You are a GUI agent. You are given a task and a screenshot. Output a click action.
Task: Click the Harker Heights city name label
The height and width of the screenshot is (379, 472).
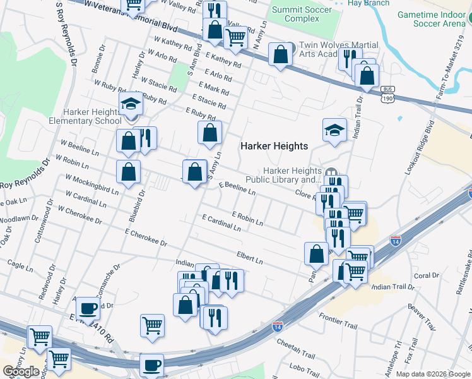(274, 146)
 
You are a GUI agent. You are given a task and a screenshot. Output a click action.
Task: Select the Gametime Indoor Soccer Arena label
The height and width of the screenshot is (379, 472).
(435, 18)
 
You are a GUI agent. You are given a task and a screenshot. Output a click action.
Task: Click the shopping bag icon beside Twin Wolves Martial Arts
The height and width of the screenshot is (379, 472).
(280, 54)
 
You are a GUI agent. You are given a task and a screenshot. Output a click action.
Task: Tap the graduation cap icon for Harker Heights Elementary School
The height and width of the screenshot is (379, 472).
(131, 104)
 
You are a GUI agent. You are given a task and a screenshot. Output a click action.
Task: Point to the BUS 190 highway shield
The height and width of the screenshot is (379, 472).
(389, 94)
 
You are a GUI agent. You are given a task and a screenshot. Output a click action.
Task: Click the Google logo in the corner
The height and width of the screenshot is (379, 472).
(21, 371)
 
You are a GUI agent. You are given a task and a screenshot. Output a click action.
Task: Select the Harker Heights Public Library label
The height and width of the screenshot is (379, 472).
(292, 175)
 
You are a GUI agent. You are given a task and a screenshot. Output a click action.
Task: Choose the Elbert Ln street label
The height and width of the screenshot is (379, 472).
(249, 258)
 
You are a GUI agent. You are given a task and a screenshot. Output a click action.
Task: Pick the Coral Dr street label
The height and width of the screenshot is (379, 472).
(426, 275)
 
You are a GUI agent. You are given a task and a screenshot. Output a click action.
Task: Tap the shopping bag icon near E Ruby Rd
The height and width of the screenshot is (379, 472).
(209, 133)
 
